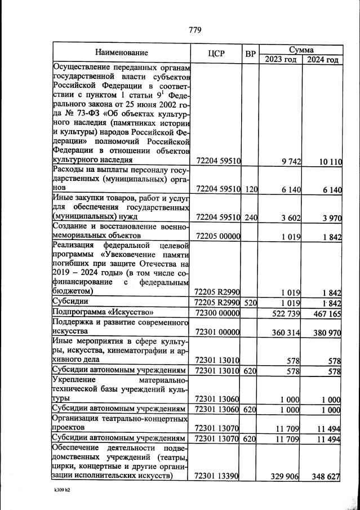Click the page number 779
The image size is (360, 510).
195,30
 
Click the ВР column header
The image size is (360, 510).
251,54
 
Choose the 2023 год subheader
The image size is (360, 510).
280,59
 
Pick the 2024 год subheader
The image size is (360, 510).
322,59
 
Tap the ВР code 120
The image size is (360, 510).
251,189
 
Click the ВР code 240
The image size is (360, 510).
251,216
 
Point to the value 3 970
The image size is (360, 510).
331,217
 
